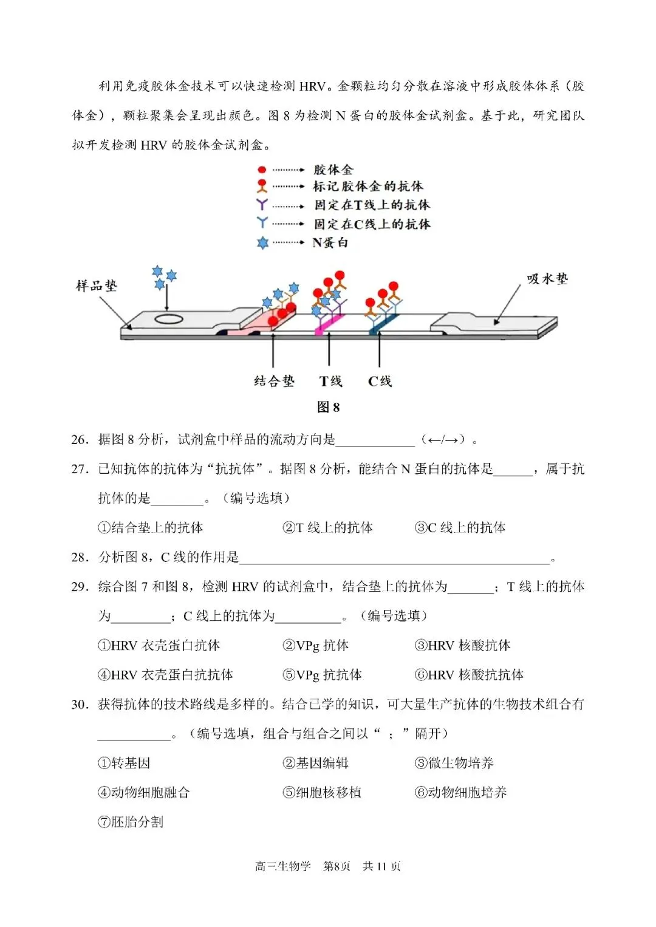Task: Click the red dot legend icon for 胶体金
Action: [262, 169]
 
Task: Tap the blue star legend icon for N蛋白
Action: [262, 243]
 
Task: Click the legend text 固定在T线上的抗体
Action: [372, 205]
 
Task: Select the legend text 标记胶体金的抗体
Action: [368, 186]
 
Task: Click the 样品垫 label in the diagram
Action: [96, 286]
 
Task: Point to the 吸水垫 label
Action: [547, 279]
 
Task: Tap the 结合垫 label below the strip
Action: [274, 381]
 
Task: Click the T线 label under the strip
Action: [330, 381]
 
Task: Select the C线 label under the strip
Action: [380, 381]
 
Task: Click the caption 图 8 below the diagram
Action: [328, 407]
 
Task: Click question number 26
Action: [80, 439]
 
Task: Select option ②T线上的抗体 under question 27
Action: [327, 527]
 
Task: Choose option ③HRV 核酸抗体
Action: [462, 645]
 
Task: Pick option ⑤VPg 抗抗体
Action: [322, 674]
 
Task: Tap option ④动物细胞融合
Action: [144, 792]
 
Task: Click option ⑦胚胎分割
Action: [131, 822]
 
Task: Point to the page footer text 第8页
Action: [337, 866]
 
